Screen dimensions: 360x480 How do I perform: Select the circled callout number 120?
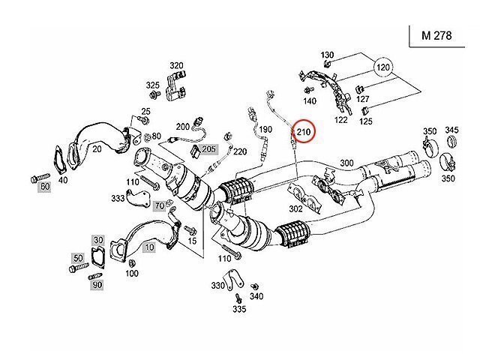pyautogui.click(x=384, y=68)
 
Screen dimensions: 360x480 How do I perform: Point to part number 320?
pyautogui.click(x=176, y=65)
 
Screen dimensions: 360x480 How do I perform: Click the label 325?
pyautogui.click(x=152, y=85)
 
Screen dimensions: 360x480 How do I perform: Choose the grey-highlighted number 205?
pyautogui.click(x=208, y=148)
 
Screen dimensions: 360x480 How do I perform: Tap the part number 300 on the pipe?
pyautogui.click(x=346, y=163)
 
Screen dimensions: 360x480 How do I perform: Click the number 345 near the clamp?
pyautogui.click(x=451, y=131)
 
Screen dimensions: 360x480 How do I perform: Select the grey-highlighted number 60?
pyautogui.click(x=44, y=185)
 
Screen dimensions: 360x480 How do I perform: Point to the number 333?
pyautogui.click(x=118, y=199)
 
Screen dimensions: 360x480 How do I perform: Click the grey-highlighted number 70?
pyautogui.click(x=159, y=205)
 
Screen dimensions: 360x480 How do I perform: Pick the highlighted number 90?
pyautogui.click(x=97, y=285)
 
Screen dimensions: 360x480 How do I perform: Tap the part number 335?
pyautogui.click(x=238, y=308)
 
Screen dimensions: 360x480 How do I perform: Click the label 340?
pyautogui.click(x=256, y=296)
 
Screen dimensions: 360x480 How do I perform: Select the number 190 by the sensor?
pyautogui.click(x=265, y=130)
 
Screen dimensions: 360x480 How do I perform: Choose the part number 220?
pyautogui.click(x=240, y=151)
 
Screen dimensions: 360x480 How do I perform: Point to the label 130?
pyautogui.click(x=327, y=55)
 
